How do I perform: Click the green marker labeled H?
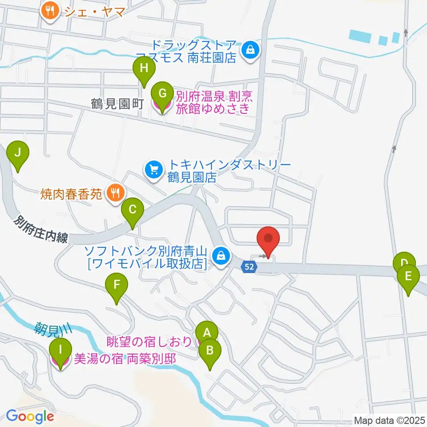click(x=144, y=69)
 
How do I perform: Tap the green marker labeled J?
click(x=18, y=154)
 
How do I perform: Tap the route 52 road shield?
click(x=249, y=266)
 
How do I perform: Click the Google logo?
click(x=30, y=417)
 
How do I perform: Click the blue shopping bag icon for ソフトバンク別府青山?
click(x=220, y=255)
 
